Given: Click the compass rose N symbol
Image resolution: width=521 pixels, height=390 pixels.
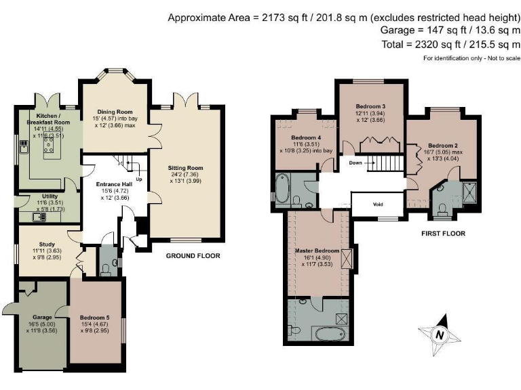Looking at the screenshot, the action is coord(440,335).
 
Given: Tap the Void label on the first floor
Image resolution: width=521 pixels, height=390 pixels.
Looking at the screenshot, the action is coord(378,204).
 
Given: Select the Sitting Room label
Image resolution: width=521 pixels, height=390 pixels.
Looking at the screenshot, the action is coord(185,168).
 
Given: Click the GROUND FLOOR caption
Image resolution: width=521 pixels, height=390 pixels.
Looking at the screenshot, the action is coord(193,256).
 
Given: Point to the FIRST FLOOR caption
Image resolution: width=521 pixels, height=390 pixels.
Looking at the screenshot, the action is coord(443,234).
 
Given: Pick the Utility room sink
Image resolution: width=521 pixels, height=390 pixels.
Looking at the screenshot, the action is coord(39,217).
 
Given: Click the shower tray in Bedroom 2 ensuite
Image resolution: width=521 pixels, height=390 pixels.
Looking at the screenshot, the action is coord(469,192).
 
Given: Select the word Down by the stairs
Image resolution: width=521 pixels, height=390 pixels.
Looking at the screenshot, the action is coord(355,162).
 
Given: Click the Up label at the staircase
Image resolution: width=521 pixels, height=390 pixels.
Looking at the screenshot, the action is coord(139,179).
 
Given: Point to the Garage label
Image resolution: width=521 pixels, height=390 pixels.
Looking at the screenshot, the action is coord(42,318).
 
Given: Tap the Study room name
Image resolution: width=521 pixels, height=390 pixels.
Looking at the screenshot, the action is coord(47,244).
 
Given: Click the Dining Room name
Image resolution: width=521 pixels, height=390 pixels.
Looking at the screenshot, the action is coord(115,112).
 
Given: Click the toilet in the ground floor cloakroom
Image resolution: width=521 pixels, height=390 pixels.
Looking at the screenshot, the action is coord(107,270).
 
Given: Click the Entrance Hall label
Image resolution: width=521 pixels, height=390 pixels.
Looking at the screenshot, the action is coord(114,184).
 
